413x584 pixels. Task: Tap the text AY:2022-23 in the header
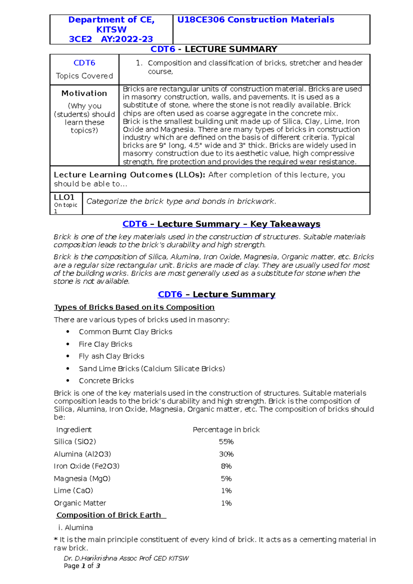(127, 39)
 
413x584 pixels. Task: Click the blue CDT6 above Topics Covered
(84, 63)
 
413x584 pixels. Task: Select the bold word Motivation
(84, 93)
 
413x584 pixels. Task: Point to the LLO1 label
(64, 197)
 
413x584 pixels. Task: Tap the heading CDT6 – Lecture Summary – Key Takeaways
(221, 224)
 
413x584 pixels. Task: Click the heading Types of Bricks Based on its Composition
(134, 307)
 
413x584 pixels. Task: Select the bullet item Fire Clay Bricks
(105, 344)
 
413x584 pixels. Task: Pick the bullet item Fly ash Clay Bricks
(112, 356)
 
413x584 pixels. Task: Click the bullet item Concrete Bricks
(106, 381)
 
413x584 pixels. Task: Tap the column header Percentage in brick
(226, 430)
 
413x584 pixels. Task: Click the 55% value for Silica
(226, 442)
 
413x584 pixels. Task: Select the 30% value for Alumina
(226, 454)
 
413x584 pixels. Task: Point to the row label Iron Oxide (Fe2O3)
(87, 466)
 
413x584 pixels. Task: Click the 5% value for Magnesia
(226, 478)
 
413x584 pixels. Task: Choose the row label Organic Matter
(80, 503)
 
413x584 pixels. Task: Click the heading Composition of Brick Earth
(109, 515)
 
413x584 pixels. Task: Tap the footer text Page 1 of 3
(82, 566)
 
